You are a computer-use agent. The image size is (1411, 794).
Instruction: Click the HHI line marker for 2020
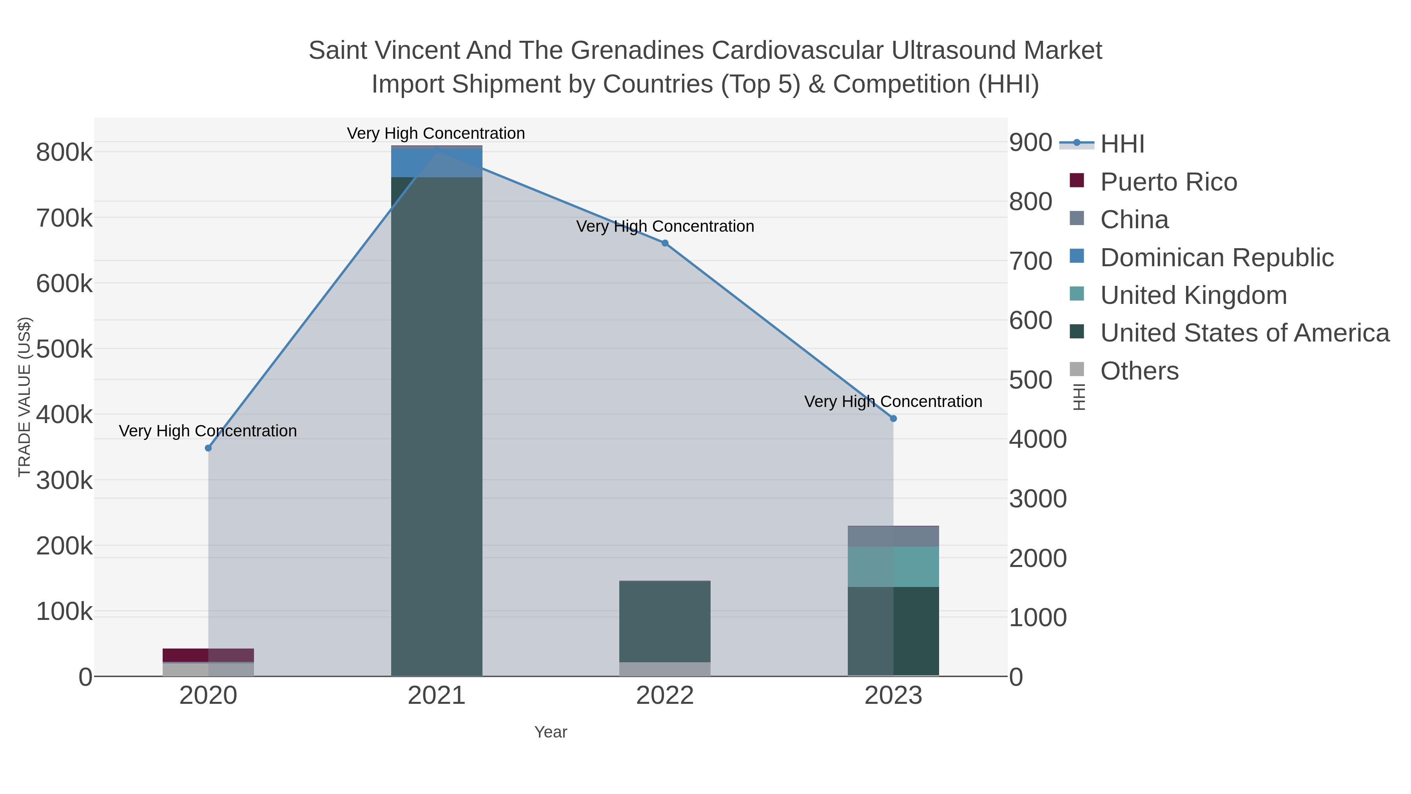click(208, 448)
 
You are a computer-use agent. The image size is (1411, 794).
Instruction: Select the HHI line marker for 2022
click(665, 243)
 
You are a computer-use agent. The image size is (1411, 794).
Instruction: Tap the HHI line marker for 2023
click(893, 419)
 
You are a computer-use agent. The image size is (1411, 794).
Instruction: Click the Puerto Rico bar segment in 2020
click(208, 655)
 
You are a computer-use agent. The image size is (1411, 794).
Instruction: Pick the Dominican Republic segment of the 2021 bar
click(437, 163)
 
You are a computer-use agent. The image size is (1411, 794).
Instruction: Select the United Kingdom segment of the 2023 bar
click(893, 567)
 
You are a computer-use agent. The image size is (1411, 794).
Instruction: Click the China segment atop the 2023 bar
click(893, 536)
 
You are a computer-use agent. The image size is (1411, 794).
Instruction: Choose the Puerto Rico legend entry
click(1168, 182)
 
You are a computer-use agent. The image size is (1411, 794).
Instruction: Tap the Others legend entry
click(1139, 371)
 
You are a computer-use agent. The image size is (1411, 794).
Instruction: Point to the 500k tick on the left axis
click(65, 349)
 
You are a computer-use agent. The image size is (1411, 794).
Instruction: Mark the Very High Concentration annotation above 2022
click(665, 226)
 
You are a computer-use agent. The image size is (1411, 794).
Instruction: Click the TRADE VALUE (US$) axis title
click(24, 397)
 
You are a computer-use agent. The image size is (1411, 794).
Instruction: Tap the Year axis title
click(551, 732)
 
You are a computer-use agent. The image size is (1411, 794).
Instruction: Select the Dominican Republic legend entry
click(1217, 258)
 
